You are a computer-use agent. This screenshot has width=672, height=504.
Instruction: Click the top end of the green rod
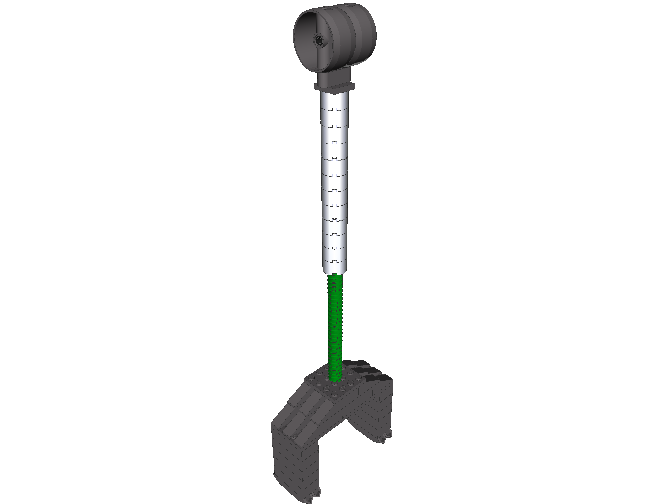[335, 275]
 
